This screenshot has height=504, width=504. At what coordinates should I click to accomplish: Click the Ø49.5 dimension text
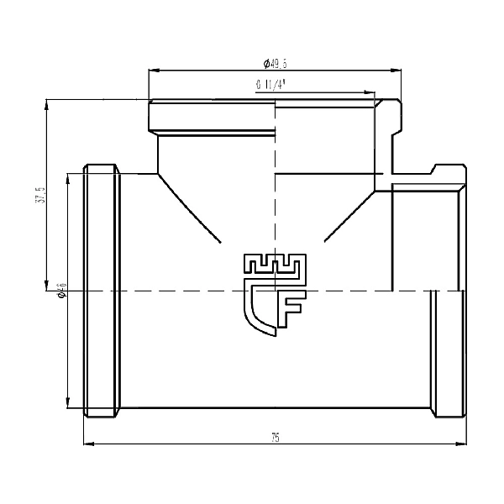point(276,63)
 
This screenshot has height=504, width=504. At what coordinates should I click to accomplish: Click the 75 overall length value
point(276,437)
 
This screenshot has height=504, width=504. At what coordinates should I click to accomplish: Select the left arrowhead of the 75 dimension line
point(87,444)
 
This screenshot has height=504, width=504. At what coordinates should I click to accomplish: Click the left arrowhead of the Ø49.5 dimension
point(152,71)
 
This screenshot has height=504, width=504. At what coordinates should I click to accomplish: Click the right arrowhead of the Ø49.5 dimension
point(396,71)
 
